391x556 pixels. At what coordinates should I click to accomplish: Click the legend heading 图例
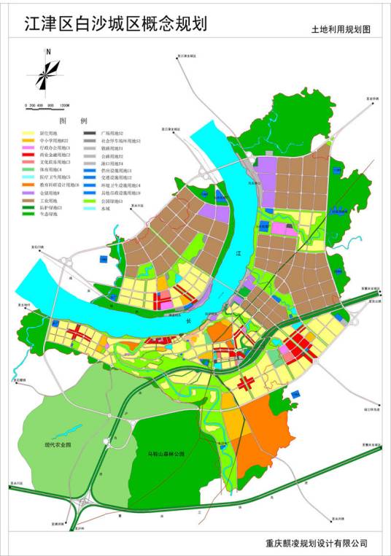click(72, 120)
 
